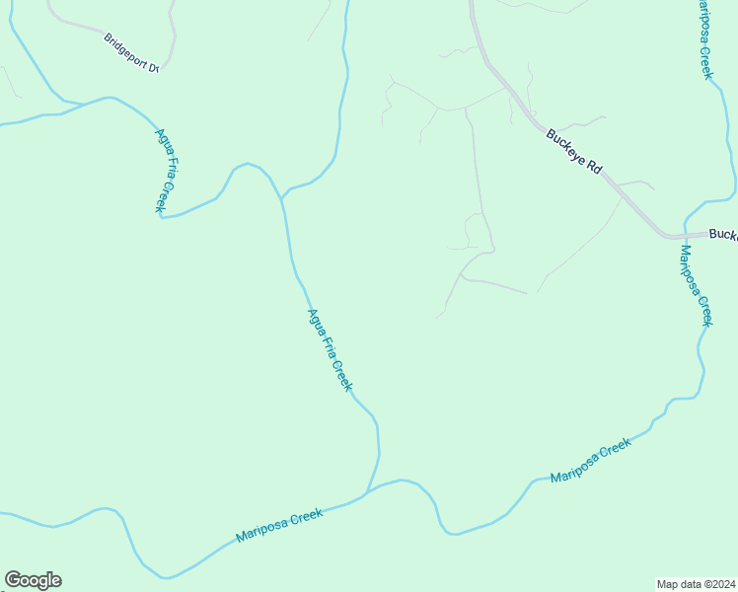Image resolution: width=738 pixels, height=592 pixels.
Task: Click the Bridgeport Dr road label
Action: coord(131,52)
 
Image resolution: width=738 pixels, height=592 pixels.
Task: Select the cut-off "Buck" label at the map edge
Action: coord(723,235)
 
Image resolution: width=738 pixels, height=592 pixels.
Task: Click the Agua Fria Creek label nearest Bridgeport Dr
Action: coord(164,170)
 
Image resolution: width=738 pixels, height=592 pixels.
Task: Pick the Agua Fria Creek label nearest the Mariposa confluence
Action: coord(330,350)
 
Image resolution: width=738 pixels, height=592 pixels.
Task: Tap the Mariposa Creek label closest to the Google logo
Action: coord(280,526)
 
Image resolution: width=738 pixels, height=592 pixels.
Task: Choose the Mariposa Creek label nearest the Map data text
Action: coord(590,461)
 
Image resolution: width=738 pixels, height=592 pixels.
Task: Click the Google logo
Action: coord(33,580)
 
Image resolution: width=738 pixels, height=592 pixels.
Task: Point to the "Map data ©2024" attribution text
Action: coord(696,583)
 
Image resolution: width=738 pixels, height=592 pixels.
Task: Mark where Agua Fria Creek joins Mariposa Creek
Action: coord(367,491)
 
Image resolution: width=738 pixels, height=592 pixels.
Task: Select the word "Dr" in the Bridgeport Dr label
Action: coord(154,67)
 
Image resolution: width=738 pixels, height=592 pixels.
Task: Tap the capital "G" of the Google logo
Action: coord(13,580)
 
